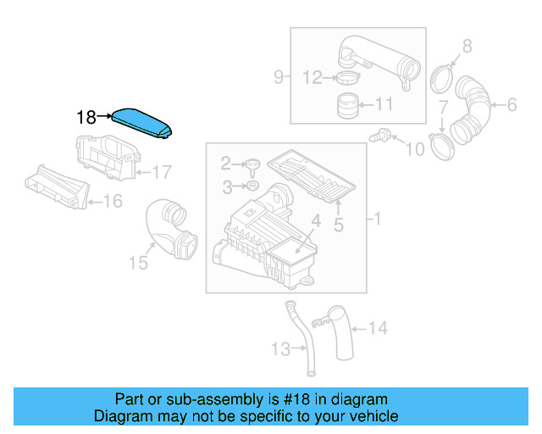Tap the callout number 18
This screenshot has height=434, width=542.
(86, 118)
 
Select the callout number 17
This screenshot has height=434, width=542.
(161, 172)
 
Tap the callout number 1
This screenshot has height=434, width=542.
(377, 220)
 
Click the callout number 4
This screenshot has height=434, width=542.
(314, 221)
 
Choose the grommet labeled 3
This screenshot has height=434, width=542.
(252, 186)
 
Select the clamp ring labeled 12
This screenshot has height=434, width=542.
(346, 80)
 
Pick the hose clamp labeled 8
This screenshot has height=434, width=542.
(441, 78)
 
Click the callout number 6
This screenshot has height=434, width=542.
(511, 105)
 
